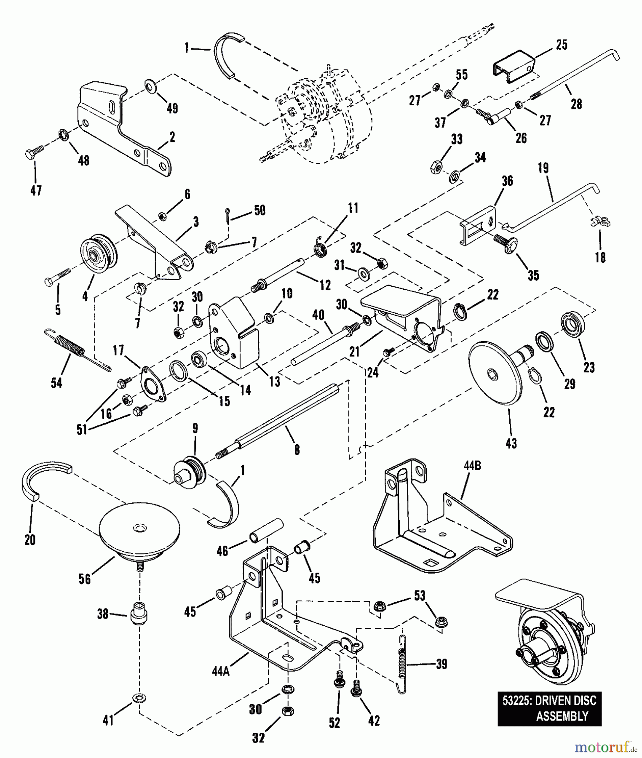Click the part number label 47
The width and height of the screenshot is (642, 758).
36,190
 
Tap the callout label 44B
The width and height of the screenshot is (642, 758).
473,466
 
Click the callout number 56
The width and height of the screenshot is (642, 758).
85,579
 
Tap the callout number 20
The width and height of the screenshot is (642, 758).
30,539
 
